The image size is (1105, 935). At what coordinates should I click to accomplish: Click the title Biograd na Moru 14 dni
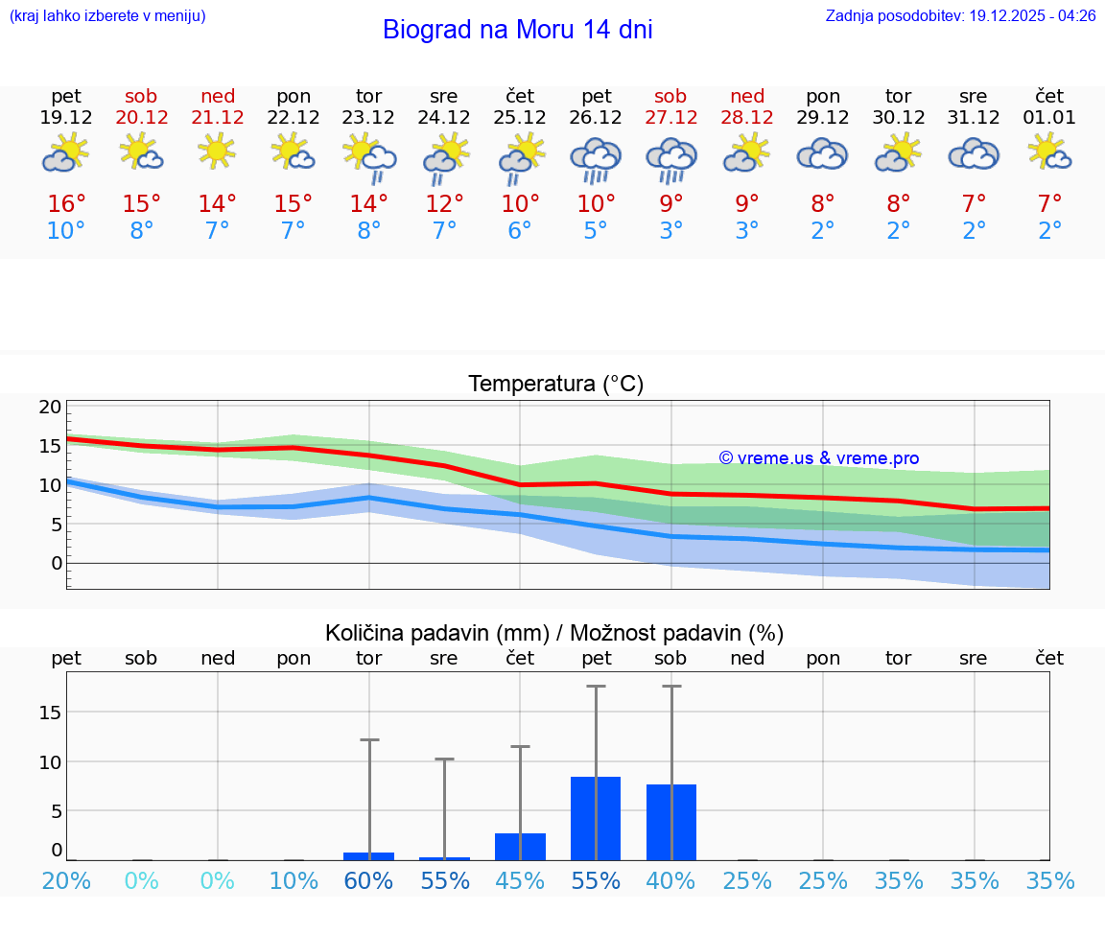tap(517, 30)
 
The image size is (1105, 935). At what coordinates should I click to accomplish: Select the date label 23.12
tap(368, 118)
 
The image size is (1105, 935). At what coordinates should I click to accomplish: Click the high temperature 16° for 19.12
tap(66, 204)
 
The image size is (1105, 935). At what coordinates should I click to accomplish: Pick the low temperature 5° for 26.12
tap(596, 231)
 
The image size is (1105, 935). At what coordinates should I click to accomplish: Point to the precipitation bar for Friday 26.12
tap(596, 818)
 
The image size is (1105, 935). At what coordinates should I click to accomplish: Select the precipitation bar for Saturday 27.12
tap(671, 822)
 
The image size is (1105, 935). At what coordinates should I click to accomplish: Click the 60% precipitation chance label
tap(368, 881)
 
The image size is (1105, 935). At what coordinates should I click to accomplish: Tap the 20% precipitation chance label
tap(66, 881)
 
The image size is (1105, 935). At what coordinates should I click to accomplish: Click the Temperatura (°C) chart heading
tap(555, 385)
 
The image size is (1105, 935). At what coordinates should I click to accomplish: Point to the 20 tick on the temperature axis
tap(50, 408)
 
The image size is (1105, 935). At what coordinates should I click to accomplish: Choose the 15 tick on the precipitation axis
tap(50, 712)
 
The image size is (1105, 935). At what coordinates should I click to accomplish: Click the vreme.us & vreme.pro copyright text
tap(818, 458)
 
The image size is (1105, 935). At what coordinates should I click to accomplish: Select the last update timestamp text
tap(960, 16)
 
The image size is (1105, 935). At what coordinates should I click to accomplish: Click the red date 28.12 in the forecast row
tap(747, 118)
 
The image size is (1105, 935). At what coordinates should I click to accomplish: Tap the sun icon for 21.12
tap(218, 151)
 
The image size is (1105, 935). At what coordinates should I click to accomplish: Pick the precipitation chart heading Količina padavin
tap(554, 633)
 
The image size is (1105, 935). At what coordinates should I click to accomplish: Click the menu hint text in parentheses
tap(107, 16)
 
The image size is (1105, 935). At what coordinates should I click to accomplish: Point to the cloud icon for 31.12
tap(974, 153)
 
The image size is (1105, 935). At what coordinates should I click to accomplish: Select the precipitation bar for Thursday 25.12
tap(520, 847)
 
